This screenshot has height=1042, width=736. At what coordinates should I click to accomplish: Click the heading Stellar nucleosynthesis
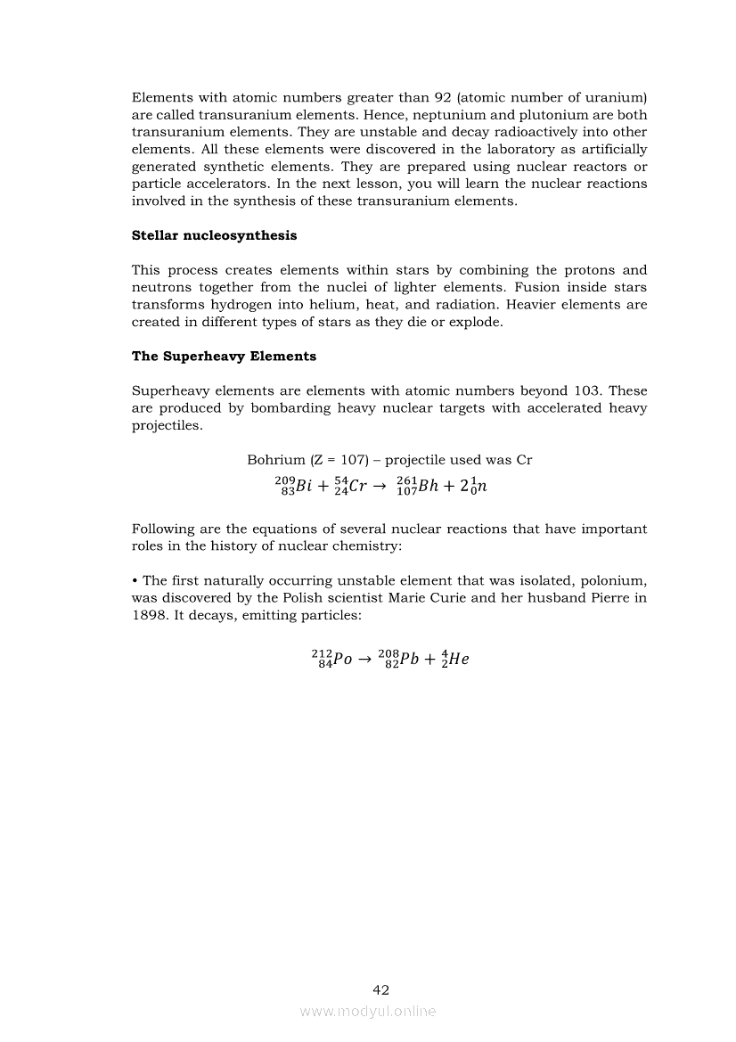(x=214, y=235)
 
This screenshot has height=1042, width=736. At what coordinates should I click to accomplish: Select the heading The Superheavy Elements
(x=224, y=357)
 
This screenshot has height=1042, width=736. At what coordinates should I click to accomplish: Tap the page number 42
(x=380, y=989)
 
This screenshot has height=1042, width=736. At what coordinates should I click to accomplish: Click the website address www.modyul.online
(x=368, y=1011)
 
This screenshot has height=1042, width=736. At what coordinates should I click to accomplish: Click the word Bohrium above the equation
(x=274, y=461)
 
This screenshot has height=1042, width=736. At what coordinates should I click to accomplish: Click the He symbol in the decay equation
(x=458, y=660)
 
